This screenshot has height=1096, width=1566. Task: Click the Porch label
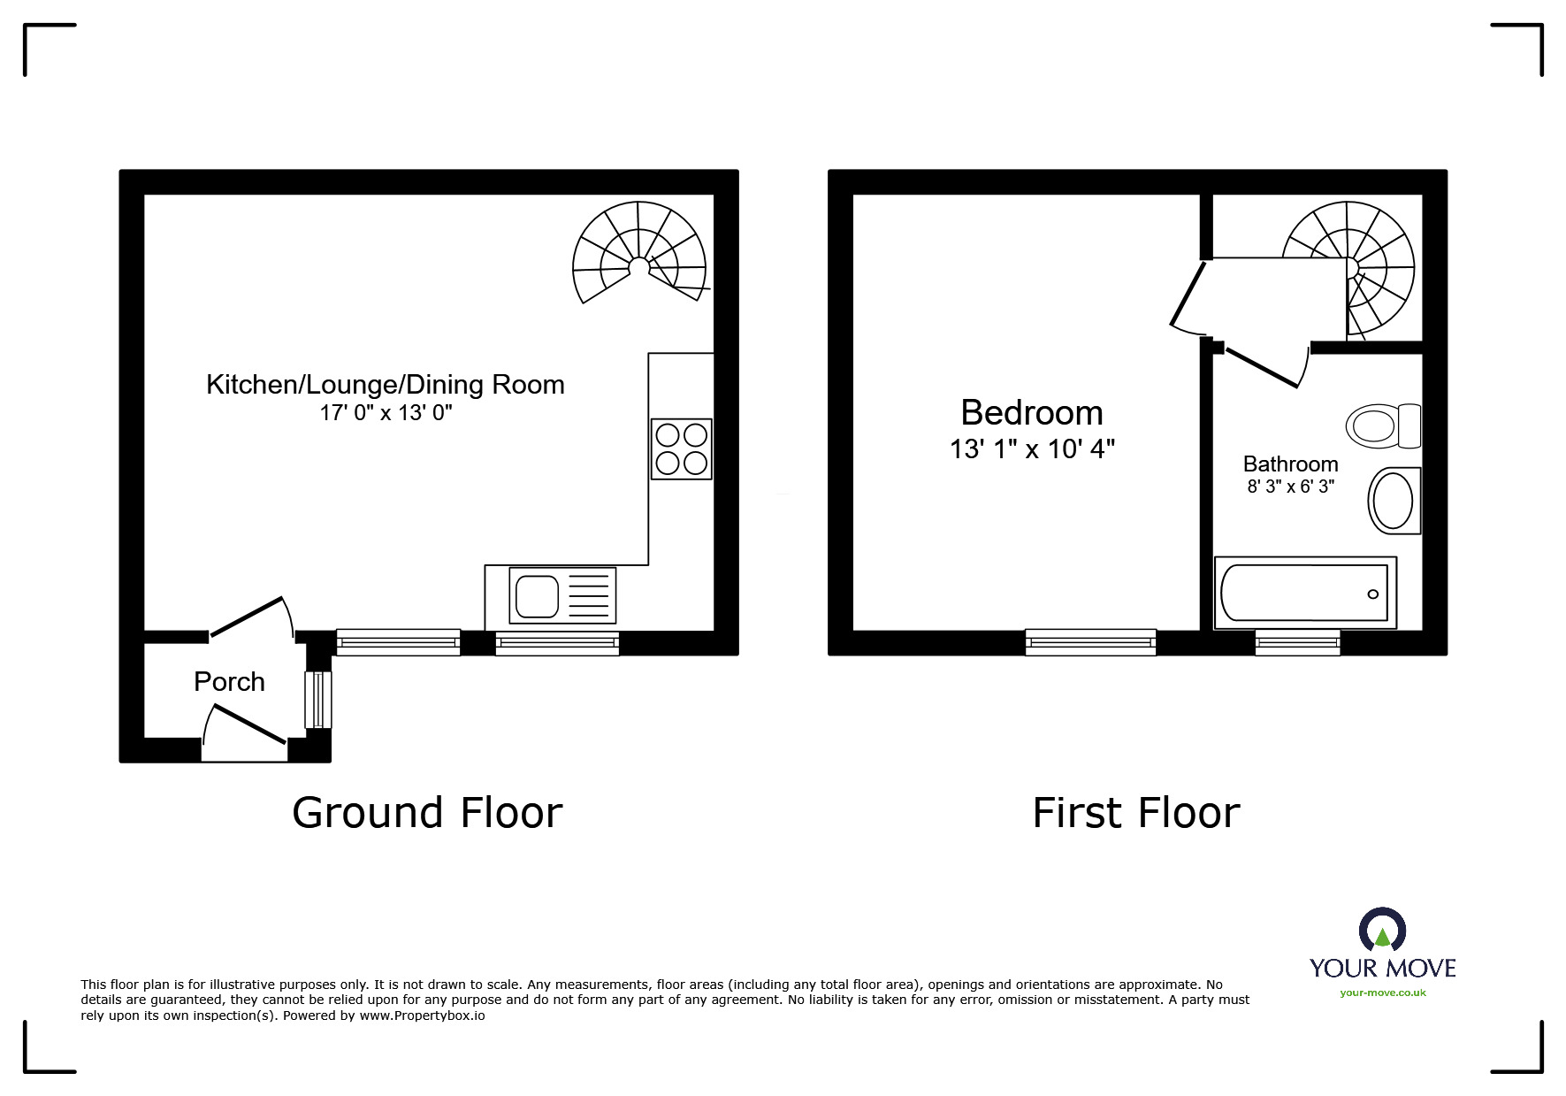[229, 682]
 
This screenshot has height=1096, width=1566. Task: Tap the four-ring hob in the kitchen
[681, 449]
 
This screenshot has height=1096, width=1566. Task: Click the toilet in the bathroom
[1382, 426]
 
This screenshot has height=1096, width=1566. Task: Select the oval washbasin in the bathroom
[1394, 501]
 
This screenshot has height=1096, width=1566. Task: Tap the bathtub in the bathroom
[1304, 593]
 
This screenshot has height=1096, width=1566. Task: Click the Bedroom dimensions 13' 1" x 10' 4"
[1031, 450]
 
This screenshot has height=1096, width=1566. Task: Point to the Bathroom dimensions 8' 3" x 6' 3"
[1290, 487]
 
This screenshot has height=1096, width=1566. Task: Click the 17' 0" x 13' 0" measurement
[386, 413]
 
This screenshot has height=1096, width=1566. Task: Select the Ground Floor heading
[427, 813]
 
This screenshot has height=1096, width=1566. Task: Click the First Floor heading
[1135, 813]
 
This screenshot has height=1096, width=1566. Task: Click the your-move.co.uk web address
[1382, 993]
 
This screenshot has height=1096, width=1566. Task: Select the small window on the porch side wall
[317, 700]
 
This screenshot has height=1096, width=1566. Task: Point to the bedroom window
[1090, 642]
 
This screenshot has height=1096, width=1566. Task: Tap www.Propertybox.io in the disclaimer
[422, 1016]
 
